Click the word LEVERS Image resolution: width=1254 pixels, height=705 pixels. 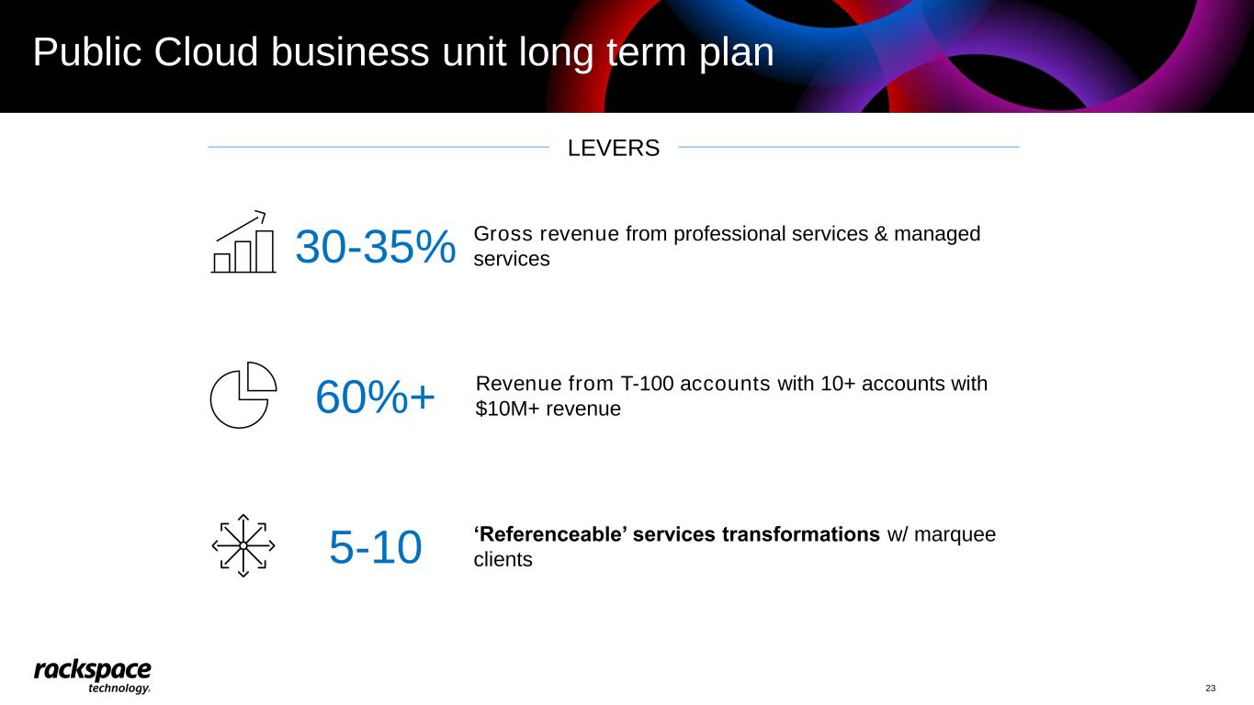point(614,149)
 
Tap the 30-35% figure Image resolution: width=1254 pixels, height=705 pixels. point(376,247)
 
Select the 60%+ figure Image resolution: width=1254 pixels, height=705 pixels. point(375,397)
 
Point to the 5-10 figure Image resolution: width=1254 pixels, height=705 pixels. point(375,547)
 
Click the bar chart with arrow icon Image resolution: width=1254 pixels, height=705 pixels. point(243,241)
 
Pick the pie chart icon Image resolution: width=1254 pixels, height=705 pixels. point(243,395)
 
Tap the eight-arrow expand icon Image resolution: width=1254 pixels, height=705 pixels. point(243,545)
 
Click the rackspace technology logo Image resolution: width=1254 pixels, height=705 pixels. point(93,676)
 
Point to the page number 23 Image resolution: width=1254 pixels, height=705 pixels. point(1210,688)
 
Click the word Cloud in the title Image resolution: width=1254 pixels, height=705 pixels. point(206,52)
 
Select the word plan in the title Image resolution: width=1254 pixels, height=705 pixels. point(736,54)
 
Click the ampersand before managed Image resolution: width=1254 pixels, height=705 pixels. point(881,234)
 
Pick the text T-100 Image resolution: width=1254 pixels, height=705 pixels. point(647,384)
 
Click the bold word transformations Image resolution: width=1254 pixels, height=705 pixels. point(800,534)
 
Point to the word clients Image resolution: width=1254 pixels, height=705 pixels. point(503,560)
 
